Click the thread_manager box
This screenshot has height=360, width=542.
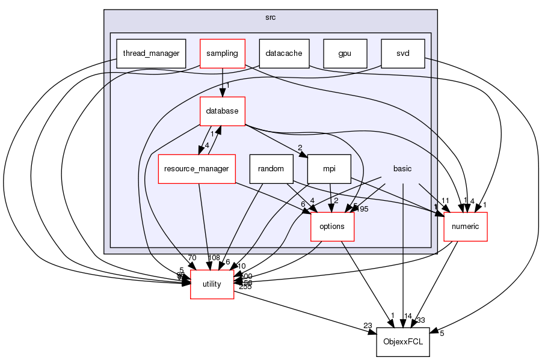tap(151, 53)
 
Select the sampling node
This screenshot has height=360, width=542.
tap(223, 53)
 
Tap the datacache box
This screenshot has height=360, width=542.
tap(284, 53)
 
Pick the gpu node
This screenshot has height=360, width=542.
tap(344, 53)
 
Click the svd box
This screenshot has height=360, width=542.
tap(402, 53)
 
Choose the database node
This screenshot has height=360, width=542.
tap(223, 111)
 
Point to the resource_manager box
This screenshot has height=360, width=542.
tap(196, 169)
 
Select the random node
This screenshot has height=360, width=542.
tap(271, 169)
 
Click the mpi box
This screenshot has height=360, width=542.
tap(328, 169)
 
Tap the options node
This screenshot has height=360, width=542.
tap(331, 227)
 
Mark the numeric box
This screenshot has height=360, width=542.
tap(465, 227)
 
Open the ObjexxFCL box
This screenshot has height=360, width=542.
tap(402, 342)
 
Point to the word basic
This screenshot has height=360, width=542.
tap(402, 169)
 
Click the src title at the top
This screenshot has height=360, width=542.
tap(270, 17)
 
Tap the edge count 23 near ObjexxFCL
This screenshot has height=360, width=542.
tap(368, 326)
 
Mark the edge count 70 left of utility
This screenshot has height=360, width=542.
tap(191, 258)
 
